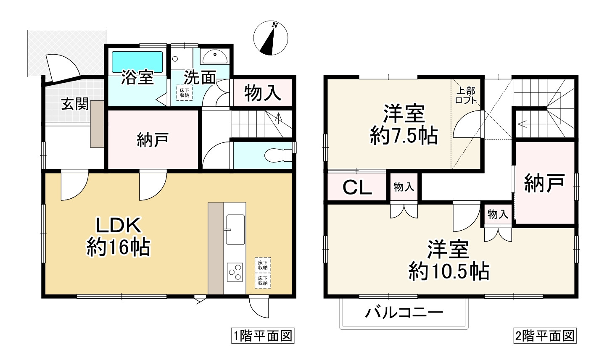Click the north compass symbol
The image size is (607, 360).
click(x=271, y=39)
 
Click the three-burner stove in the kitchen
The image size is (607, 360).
click(x=235, y=272)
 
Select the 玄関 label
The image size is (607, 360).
click(x=75, y=103)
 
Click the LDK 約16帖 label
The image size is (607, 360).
click(x=118, y=237)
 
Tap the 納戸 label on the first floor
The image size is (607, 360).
click(x=153, y=140)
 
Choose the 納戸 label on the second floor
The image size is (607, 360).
click(x=544, y=183)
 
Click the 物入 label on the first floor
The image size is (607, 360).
click(x=263, y=93)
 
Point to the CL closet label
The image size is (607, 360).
click(x=357, y=188)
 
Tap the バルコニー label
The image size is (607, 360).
click(x=404, y=313)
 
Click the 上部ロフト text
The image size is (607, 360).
click(x=466, y=95)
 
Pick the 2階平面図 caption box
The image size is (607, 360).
click(x=544, y=336)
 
